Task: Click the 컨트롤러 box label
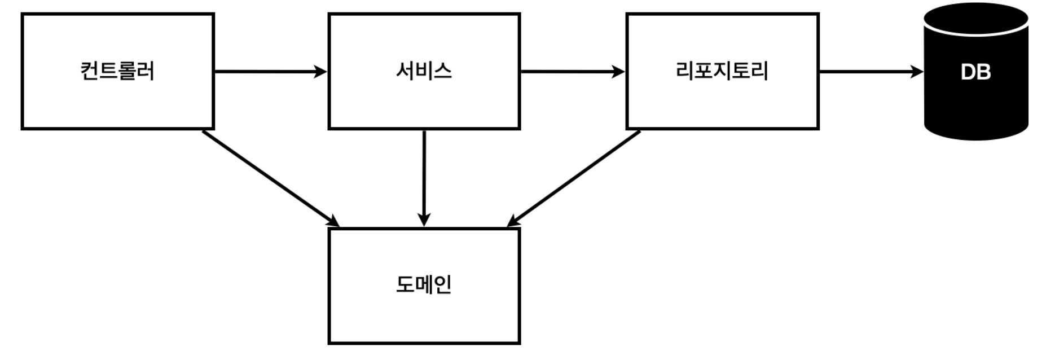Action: (117, 72)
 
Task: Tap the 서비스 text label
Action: (424, 72)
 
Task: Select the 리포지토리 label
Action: (722, 72)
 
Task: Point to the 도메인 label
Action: (424, 285)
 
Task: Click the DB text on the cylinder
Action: (975, 72)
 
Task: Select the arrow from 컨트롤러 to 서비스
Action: (265, 72)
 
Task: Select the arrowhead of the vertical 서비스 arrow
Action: (424, 219)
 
